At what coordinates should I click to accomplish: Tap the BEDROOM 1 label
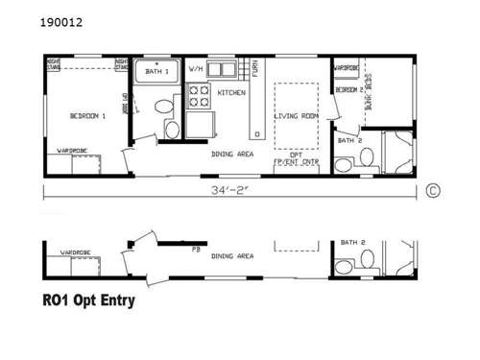[x=87, y=116]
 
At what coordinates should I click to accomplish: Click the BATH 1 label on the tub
[x=156, y=71]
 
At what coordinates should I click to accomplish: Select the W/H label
[x=195, y=69]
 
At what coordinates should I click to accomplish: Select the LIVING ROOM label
[x=297, y=116]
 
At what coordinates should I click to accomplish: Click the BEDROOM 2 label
[x=348, y=88]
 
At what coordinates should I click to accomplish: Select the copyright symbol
[x=432, y=190]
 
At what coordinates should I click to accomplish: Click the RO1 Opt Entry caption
[x=88, y=300]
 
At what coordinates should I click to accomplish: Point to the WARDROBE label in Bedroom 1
[x=74, y=150]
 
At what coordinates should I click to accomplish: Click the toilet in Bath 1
[x=173, y=130]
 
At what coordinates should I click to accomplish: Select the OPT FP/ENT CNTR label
[x=297, y=158]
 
